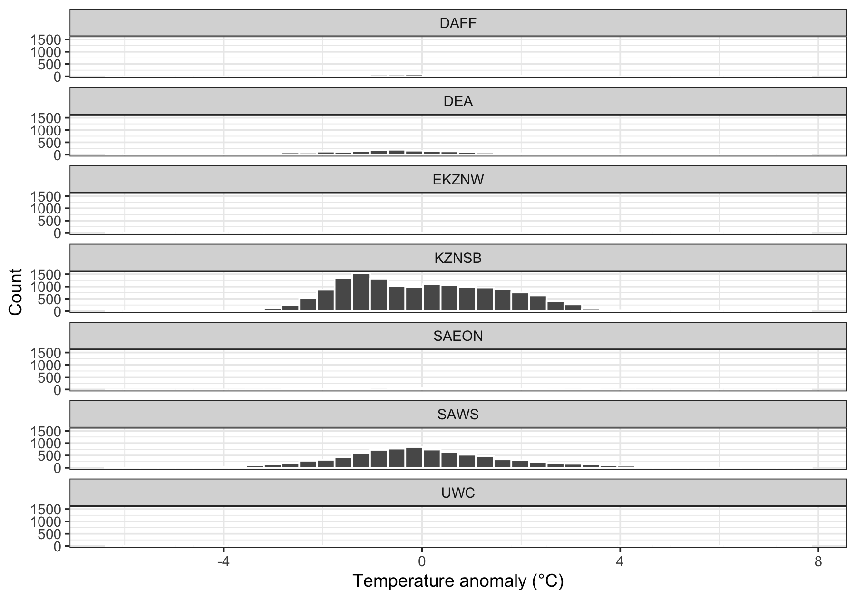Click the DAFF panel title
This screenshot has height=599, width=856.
tap(458, 23)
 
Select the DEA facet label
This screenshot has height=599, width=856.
tap(458, 101)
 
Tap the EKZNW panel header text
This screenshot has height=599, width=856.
tap(458, 180)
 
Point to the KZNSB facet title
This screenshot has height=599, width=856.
tap(458, 258)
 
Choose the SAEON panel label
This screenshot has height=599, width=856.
tap(458, 336)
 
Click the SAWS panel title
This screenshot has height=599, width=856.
tap(458, 415)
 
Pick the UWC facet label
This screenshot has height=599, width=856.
tap(458, 493)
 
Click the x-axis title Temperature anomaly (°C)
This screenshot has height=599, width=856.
tap(458, 581)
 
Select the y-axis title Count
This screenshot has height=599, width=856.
tap(15, 291)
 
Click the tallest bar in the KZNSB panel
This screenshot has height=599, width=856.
tap(361, 292)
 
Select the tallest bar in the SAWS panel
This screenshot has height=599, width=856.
tap(414, 457)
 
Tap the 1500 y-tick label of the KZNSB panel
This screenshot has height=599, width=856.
tap(46, 275)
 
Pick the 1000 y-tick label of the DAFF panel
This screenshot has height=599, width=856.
tap(46, 52)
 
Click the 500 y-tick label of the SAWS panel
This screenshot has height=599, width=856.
tap(51, 455)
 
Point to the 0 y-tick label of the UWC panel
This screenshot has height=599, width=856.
tap(58, 546)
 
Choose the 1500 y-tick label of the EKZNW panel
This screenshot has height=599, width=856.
tap(46, 196)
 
